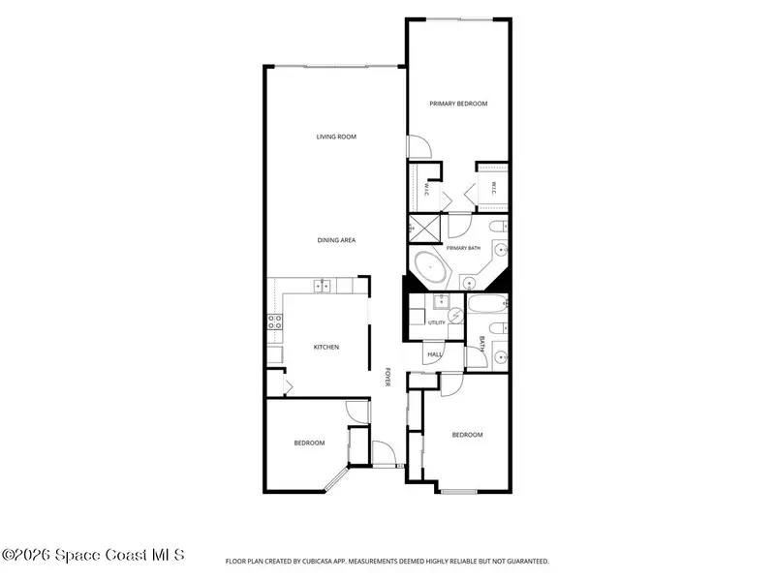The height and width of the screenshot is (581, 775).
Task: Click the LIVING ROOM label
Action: (336, 137)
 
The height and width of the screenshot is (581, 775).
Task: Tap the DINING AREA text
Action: (336, 240)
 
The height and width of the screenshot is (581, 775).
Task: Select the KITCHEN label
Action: (326, 348)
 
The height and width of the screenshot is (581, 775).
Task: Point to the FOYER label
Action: (388, 377)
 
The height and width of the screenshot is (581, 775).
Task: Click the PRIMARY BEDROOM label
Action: (458, 104)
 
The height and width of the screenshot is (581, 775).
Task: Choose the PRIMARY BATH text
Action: (463, 248)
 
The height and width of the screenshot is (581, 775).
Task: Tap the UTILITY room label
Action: (437, 322)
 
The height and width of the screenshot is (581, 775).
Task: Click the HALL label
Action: (434, 354)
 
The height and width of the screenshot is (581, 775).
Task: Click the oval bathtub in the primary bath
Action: (430, 267)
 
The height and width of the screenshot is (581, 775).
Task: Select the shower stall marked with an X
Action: (424, 229)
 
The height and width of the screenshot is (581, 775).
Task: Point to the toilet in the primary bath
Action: (498, 227)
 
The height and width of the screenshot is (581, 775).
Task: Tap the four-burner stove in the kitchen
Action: (275, 322)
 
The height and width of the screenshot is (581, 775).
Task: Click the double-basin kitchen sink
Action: (322, 286)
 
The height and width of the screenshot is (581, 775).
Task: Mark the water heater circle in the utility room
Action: (455, 315)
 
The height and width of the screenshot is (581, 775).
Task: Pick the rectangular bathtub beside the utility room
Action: (487, 303)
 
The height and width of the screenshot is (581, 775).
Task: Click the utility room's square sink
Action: (441, 300)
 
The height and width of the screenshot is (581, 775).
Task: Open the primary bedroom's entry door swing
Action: (419, 147)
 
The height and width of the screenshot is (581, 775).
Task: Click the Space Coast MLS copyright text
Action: (93, 555)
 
